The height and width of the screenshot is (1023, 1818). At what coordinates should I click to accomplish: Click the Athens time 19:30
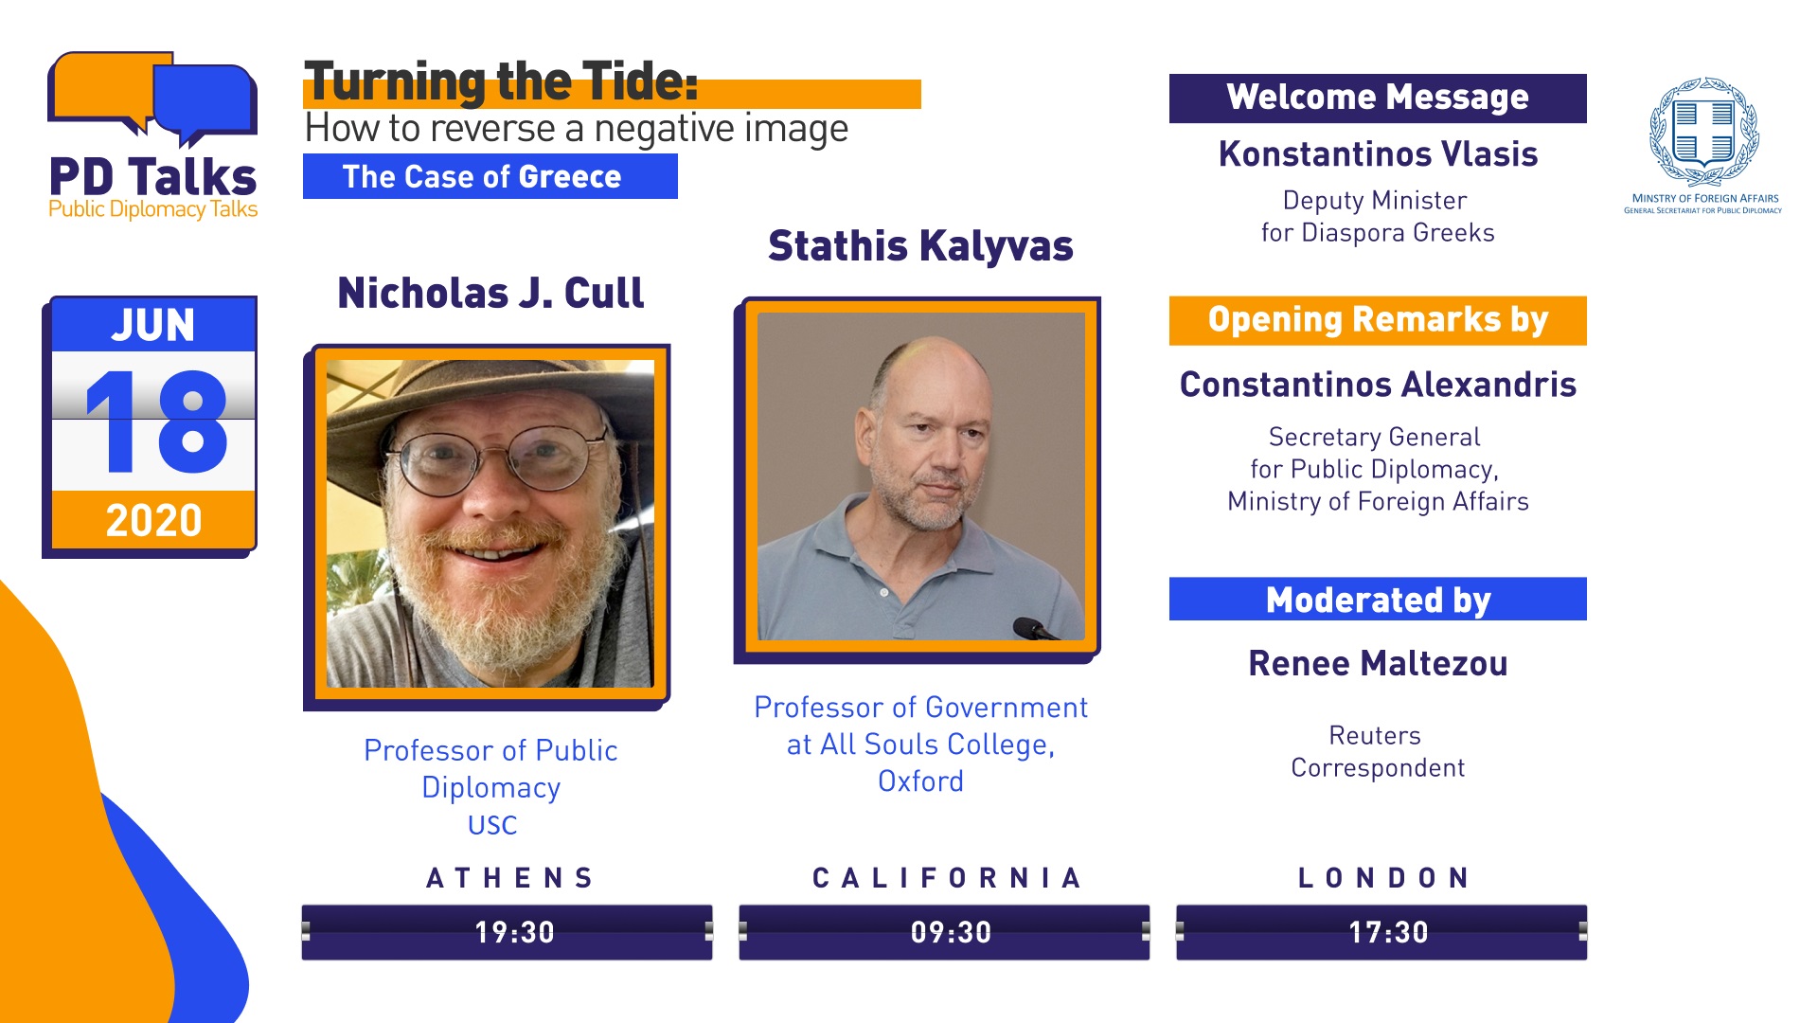[514, 932]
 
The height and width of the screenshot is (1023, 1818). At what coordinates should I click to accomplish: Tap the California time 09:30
[951, 932]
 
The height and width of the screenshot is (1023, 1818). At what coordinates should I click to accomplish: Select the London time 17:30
[1388, 932]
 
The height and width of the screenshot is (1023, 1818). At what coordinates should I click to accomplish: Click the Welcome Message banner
[1378, 98]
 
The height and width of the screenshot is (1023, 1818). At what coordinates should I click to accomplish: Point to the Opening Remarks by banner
[1378, 320]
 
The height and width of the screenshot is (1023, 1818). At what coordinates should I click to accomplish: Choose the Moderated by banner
[1378, 599]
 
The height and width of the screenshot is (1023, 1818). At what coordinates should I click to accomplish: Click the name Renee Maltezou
[1378, 663]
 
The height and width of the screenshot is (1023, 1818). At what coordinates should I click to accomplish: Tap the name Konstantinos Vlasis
[1378, 153]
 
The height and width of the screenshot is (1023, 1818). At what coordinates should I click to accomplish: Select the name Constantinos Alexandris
[1378, 385]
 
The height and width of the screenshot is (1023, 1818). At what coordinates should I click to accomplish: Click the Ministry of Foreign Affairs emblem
[1704, 133]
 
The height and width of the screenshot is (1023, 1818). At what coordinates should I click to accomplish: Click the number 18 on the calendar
[156, 422]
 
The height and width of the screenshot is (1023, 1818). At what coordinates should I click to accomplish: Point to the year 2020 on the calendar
[153, 520]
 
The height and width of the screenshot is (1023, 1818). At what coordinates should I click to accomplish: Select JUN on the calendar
[153, 325]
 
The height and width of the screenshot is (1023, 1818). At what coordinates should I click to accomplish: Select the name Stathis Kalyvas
[920, 246]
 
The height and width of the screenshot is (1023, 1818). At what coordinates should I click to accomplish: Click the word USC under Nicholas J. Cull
[492, 825]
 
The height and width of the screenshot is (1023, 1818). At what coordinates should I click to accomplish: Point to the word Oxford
[920, 781]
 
